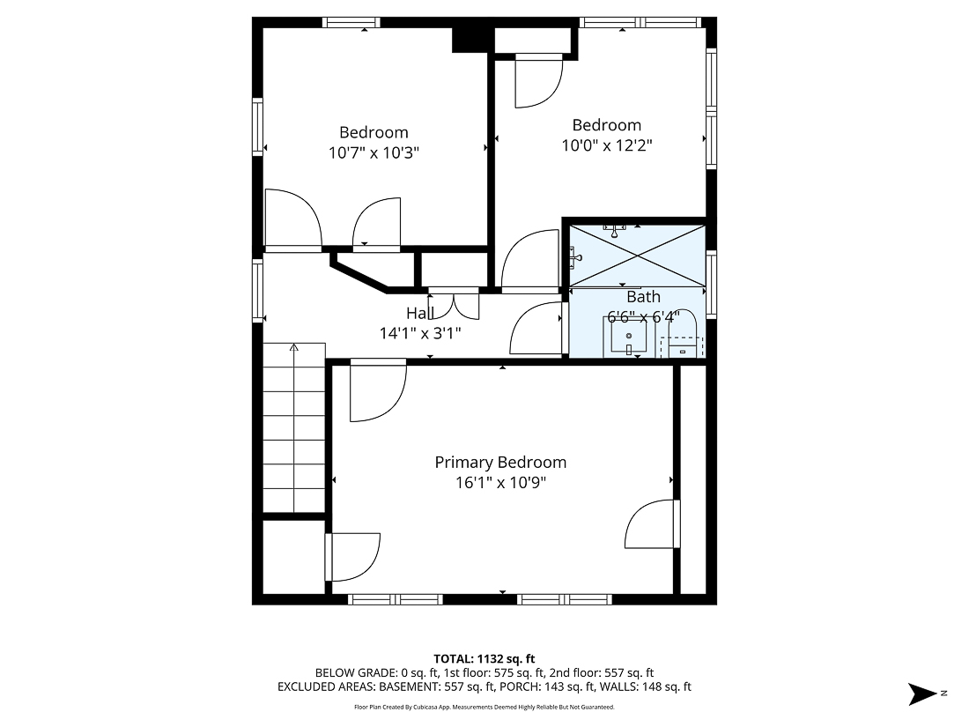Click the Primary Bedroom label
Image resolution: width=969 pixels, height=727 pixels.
(x=500, y=463)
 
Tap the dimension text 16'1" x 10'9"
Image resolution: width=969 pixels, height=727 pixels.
(x=500, y=483)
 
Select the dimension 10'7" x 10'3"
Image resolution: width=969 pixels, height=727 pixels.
(x=374, y=152)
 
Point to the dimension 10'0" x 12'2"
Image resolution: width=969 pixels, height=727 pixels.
(x=607, y=145)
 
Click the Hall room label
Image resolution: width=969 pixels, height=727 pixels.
(x=419, y=313)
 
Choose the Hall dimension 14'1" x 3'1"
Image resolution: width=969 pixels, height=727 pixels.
(x=419, y=333)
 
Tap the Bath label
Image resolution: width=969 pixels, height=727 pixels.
(x=643, y=297)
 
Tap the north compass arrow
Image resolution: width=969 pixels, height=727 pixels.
(x=926, y=694)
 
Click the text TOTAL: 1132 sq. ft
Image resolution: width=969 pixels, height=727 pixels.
(x=484, y=658)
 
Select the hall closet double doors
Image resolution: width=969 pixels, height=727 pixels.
(x=454, y=302)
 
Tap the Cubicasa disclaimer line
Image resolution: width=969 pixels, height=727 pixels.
(x=484, y=707)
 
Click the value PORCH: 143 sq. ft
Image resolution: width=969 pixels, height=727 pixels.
(x=575, y=686)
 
